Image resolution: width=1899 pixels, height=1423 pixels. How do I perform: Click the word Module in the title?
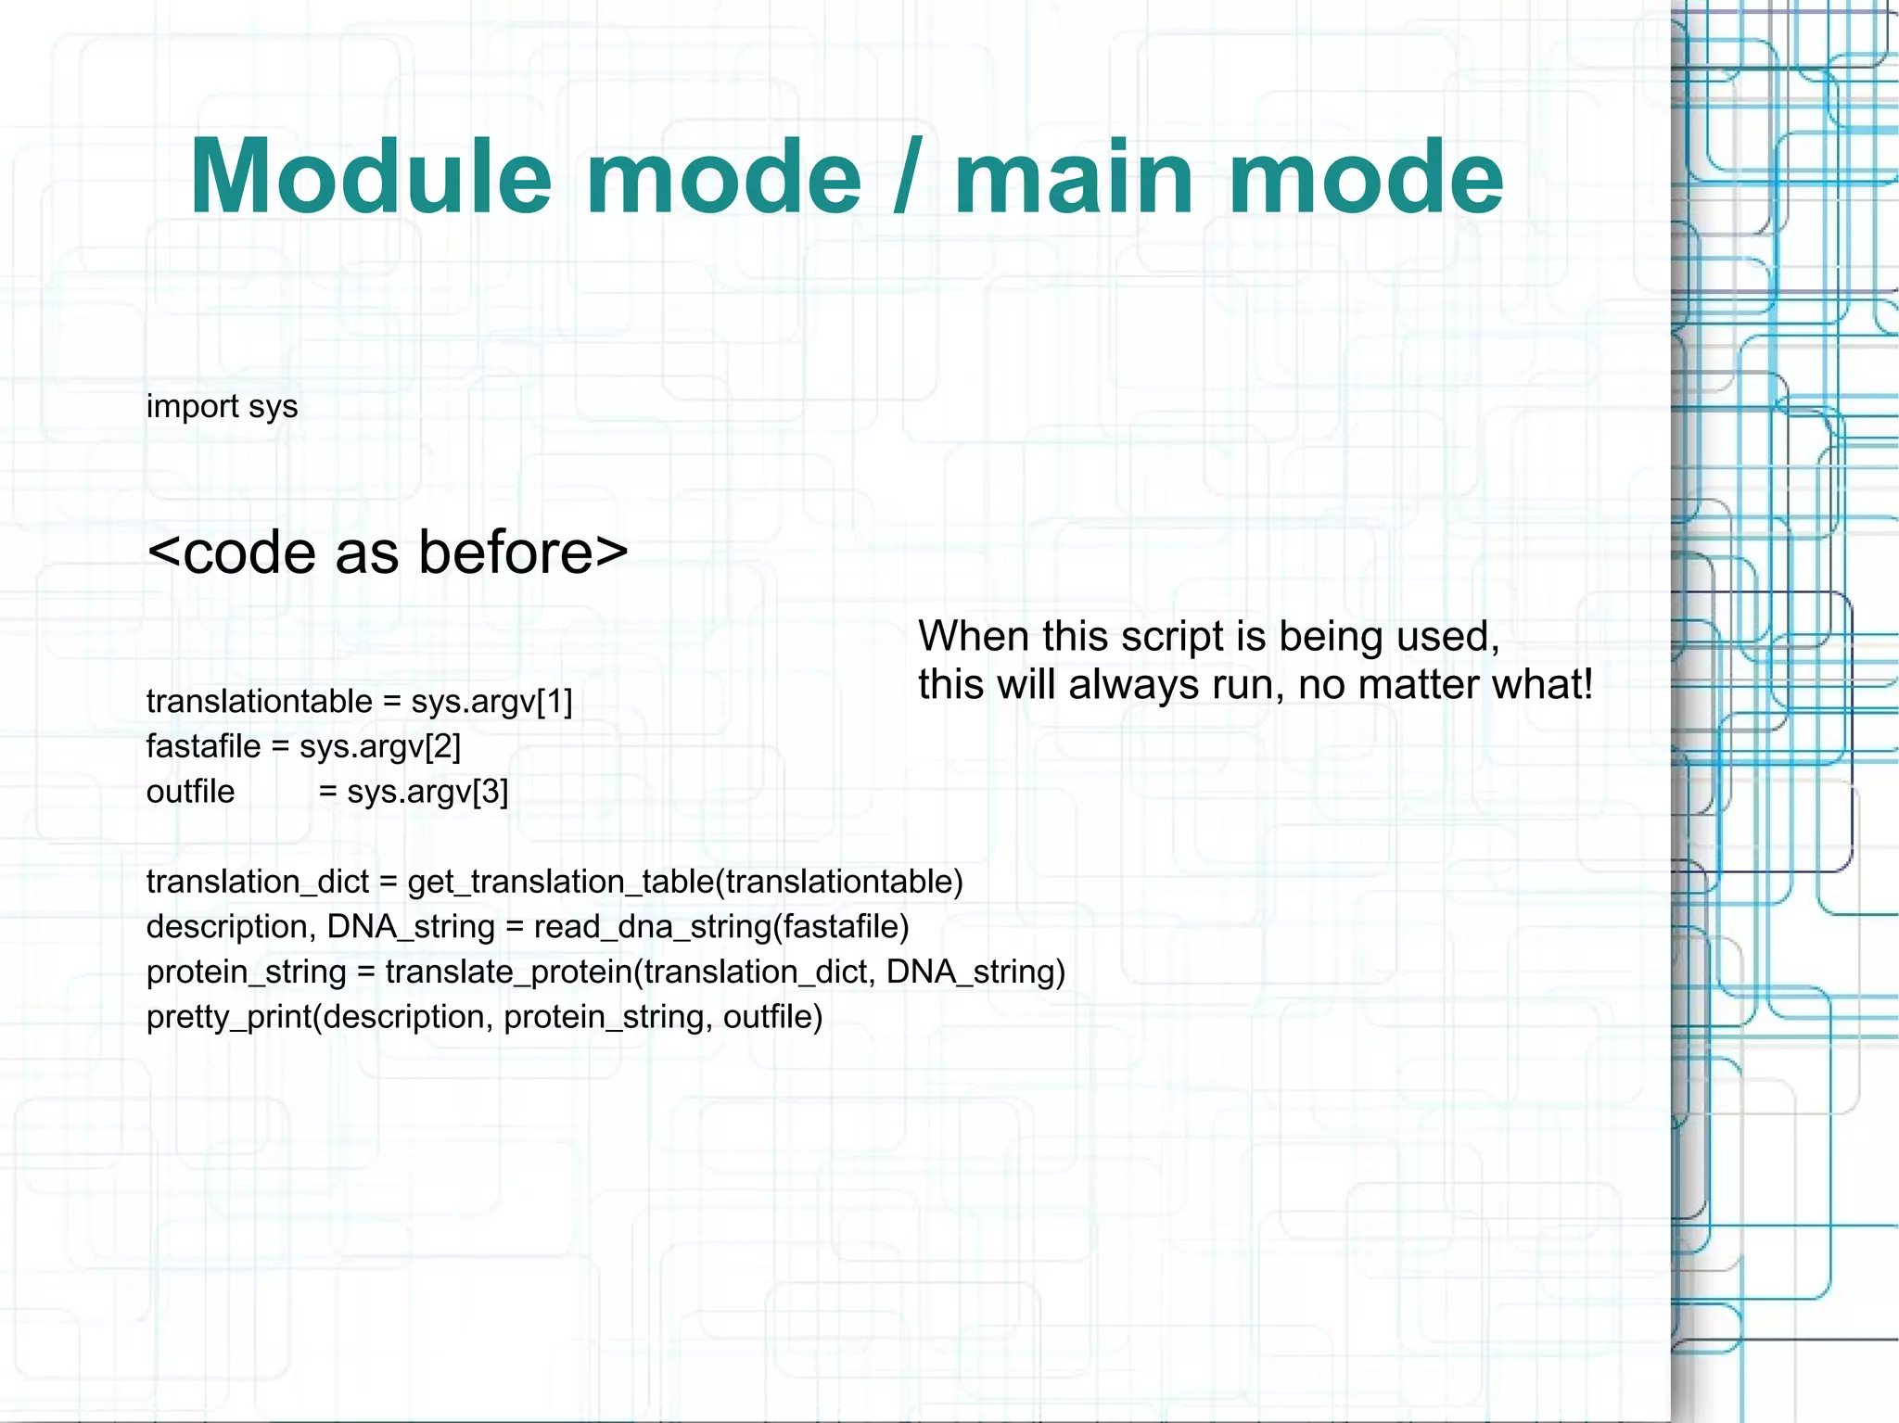[x=371, y=176]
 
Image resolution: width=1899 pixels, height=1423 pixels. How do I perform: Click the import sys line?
[x=222, y=406]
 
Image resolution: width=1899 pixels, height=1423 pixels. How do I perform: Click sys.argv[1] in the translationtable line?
[x=491, y=702]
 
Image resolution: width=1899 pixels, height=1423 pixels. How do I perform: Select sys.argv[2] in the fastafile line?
[x=380, y=746]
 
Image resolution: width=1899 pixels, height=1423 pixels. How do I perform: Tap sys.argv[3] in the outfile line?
[x=427, y=792]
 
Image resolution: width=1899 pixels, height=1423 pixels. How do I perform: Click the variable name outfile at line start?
[x=190, y=792]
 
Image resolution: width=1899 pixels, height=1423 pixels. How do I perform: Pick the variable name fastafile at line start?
[x=203, y=746]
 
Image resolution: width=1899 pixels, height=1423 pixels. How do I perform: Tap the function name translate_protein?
[x=509, y=972]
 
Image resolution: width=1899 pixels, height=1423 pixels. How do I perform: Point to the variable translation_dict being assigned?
[x=257, y=882]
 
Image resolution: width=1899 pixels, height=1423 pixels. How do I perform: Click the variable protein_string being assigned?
[x=246, y=972]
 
